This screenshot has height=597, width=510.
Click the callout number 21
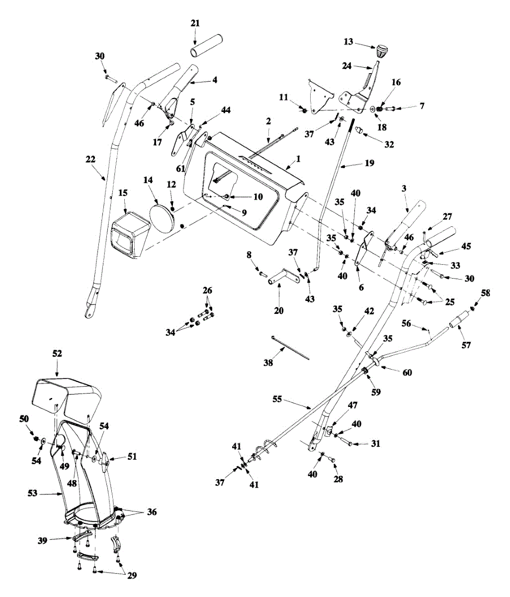pyautogui.click(x=195, y=23)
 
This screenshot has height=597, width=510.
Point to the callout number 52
pyautogui.click(x=57, y=354)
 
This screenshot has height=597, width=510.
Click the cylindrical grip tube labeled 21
pyautogui.click(x=207, y=46)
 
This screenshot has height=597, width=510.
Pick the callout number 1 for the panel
pyautogui.click(x=298, y=159)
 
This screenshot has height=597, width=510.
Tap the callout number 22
pyautogui.click(x=90, y=159)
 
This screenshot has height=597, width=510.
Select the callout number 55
pyautogui.click(x=277, y=400)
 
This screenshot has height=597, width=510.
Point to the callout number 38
pyautogui.click(x=268, y=363)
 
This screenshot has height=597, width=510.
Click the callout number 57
pyautogui.click(x=466, y=345)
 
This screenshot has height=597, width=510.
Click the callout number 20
pyautogui.click(x=278, y=311)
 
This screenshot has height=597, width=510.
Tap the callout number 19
pyautogui.click(x=370, y=163)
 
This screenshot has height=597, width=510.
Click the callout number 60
pyautogui.click(x=407, y=373)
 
